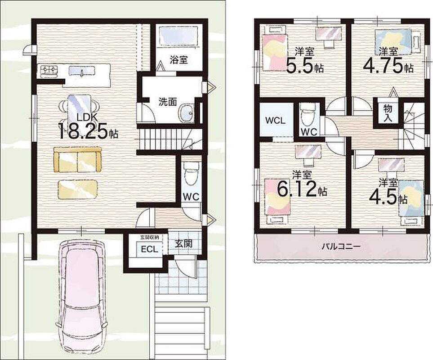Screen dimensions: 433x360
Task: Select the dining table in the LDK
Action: tap(79, 107)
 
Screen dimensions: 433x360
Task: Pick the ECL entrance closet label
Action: tap(150, 249)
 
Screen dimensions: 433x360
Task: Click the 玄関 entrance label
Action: tap(184, 244)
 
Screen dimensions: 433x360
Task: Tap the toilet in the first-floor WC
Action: tap(191, 174)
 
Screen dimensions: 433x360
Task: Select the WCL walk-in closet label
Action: tap(275, 121)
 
